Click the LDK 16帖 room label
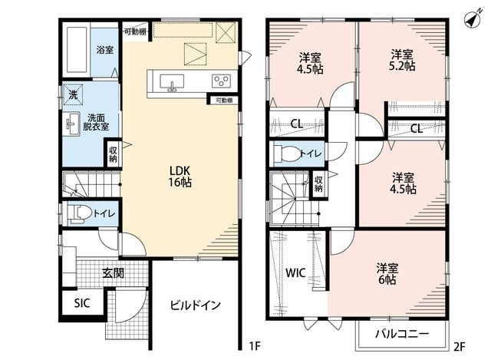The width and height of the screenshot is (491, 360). coord(180,177)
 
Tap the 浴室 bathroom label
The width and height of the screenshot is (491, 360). coord(104,49)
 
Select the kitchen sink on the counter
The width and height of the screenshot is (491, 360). coord(172,82)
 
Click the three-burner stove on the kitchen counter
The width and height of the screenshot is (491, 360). coord(221,81)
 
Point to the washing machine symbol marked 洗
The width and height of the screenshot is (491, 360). coord(73,94)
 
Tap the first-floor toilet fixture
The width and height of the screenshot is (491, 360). coord(79,213)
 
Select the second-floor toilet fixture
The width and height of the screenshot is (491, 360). coord(286,154)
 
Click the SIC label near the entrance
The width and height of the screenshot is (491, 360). coord(82,303)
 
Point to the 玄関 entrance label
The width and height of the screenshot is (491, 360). coord(114,273)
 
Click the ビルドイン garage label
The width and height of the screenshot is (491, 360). coord(196,305)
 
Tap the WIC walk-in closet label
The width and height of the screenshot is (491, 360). coord(295,272)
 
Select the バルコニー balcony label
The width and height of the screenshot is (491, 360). coord(402,334)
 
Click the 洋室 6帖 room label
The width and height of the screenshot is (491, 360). coord(387,274)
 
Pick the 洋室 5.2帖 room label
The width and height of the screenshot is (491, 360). coord(402,60)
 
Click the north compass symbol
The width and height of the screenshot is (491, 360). coord(473,19)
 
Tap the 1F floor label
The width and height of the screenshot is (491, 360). coord(254,346)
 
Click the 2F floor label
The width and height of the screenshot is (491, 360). coord(460,346)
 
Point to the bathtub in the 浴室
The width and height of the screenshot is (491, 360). coord(77,50)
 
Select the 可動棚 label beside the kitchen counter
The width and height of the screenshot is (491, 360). coord(224,101)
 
